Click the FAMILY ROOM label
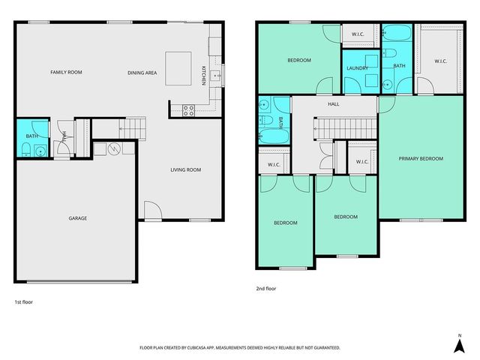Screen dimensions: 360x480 click(x=66, y=72)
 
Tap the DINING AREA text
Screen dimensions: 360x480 click(x=142, y=72)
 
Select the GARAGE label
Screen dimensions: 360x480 click(x=78, y=218)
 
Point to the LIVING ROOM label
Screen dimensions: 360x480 click(x=186, y=170)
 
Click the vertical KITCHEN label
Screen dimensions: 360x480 click(x=203, y=76)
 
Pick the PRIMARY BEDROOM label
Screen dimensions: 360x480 click(x=420, y=158)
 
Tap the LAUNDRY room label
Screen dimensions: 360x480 click(x=356, y=69)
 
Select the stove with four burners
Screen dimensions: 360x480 click(x=188, y=109)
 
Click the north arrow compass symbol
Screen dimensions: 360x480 click(x=458, y=343)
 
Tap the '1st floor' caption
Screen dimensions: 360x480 click(x=23, y=301)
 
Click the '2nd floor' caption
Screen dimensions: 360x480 click(x=267, y=287)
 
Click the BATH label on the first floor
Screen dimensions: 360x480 click(x=31, y=136)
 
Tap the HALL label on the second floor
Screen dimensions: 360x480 click(x=333, y=105)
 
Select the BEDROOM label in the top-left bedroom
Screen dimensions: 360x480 click(x=298, y=60)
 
